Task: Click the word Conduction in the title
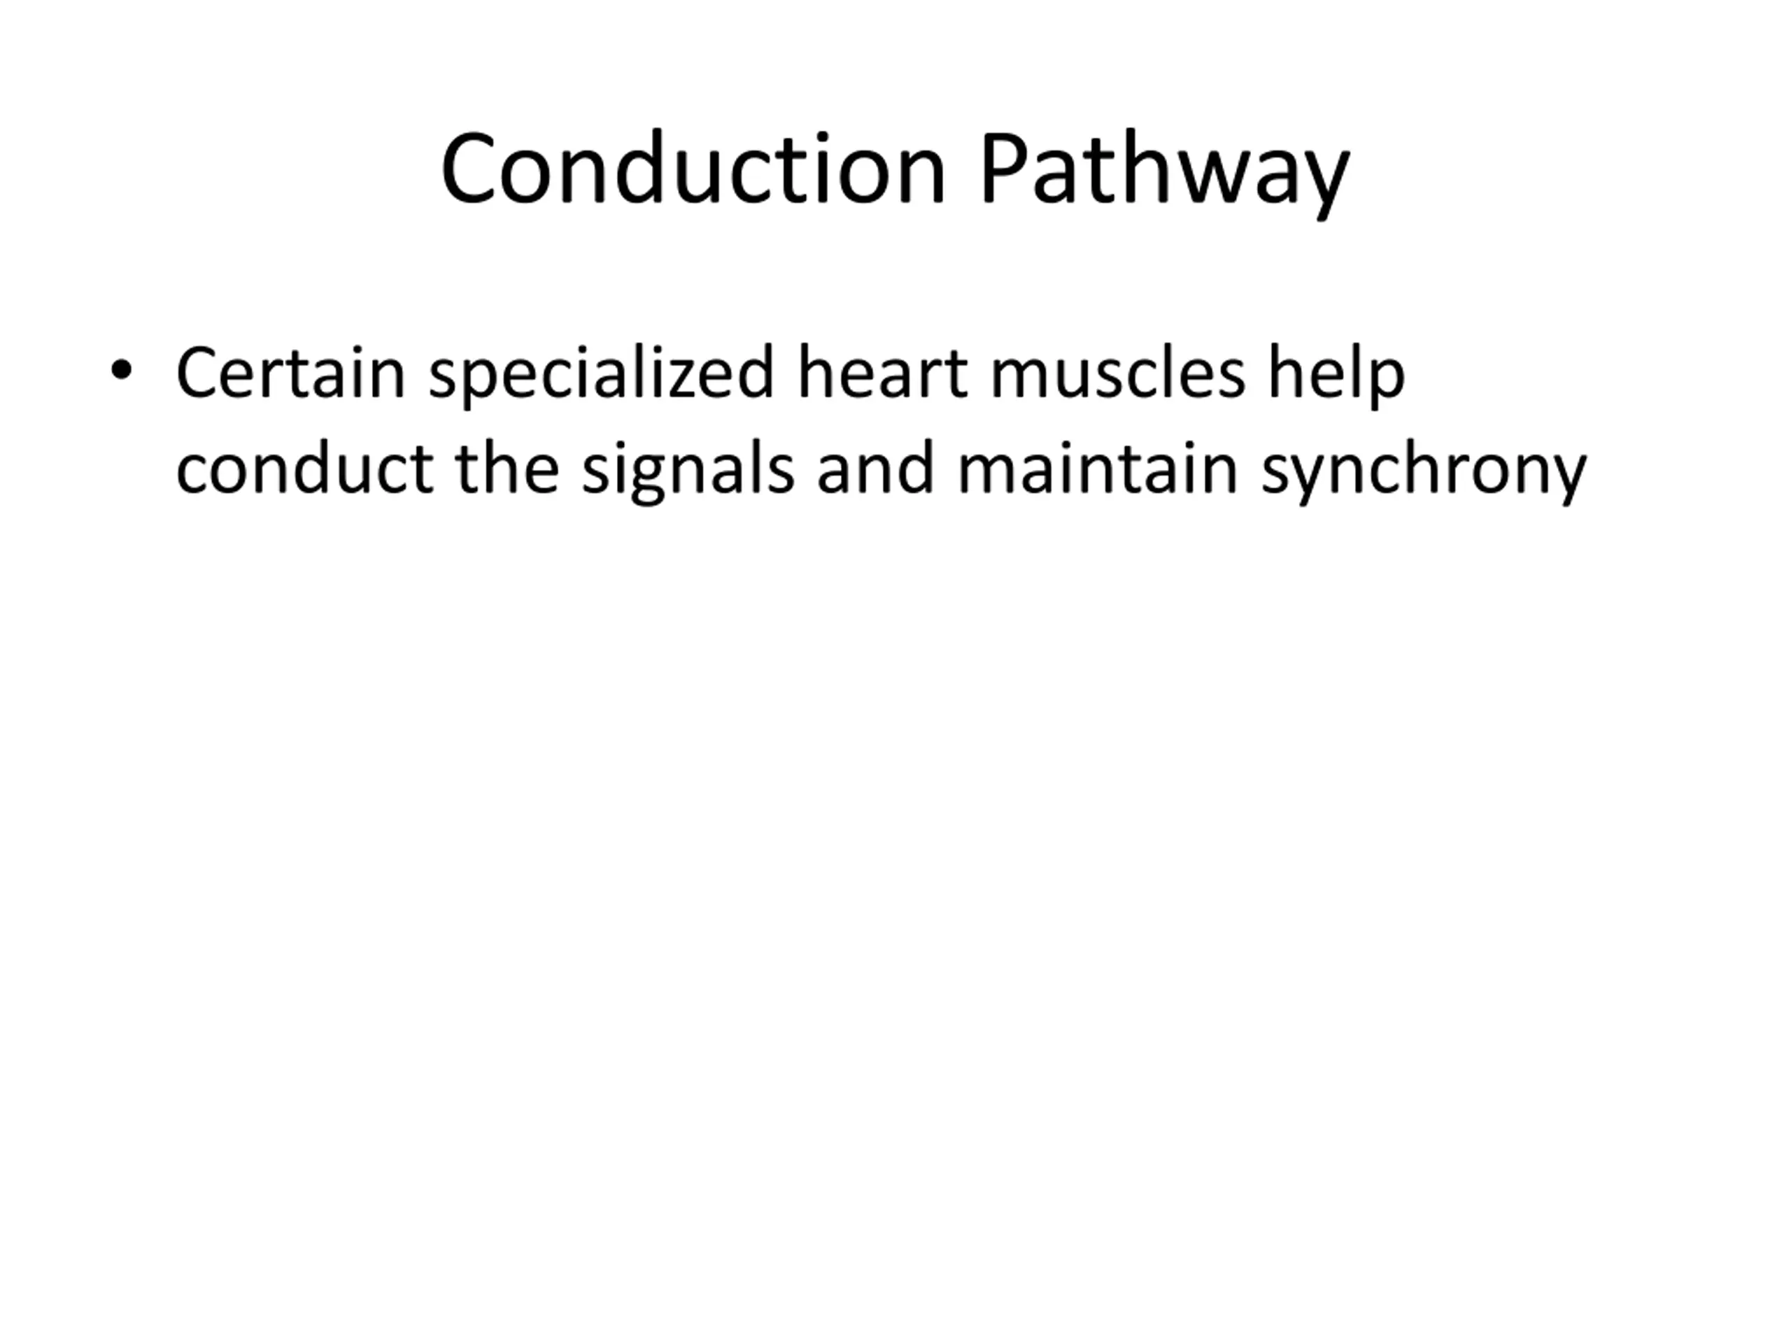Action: point(693,168)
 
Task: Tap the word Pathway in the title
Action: point(1164,173)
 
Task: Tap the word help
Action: point(1337,376)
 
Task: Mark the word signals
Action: point(688,471)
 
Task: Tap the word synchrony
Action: point(1424,471)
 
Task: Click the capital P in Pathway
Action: point(1004,168)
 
